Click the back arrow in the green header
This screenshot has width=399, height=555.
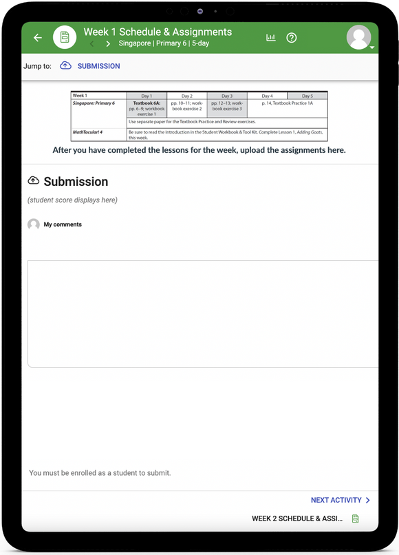click(x=38, y=38)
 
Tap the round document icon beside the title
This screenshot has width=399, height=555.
click(x=65, y=37)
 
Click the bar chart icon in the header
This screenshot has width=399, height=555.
click(x=271, y=38)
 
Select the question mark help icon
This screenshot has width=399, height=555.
click(x=292, y=38)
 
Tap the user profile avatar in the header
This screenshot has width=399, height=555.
click(x=358, y=37)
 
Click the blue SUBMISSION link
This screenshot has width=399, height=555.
click(x=98, y=66)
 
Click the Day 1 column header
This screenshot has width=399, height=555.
click(x=147, y=96)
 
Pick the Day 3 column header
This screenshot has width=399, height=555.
click(x=226, y=96)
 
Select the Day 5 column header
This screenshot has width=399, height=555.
click(x=307, y=96)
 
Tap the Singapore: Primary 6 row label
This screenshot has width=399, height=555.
click(x=94, y=103)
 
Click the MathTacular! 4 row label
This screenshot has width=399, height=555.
click(x=89, y=132)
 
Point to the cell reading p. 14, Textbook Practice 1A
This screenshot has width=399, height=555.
click(x=287, y=103)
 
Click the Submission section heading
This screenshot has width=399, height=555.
click(x=76, y=182)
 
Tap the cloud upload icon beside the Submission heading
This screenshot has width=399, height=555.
click(x=33, y=181)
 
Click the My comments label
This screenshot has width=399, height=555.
click(x=63, y=224)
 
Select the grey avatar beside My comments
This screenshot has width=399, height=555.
click(x=34, y=224)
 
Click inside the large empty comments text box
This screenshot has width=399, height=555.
click(x=202, y=313)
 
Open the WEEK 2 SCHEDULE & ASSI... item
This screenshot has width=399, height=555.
click(x=297, y=519)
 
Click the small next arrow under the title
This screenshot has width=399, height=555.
click(x=108, y=44)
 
